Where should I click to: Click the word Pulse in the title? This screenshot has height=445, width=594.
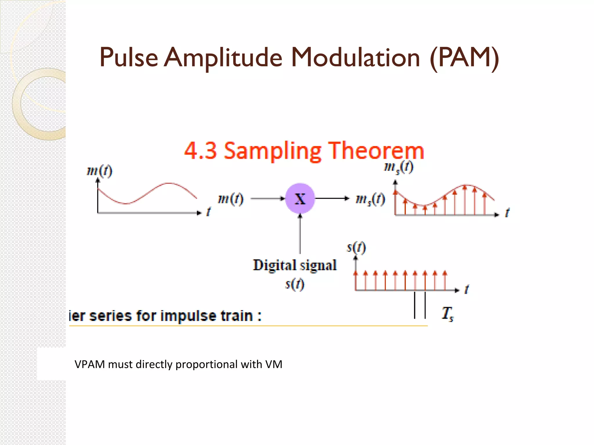[x=128, y=57]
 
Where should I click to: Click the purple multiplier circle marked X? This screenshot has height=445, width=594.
[x=300, y=198]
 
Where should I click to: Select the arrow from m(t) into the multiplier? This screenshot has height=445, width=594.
[x=267, y=198]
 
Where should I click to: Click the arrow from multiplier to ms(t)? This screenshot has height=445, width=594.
[x=332, y=198]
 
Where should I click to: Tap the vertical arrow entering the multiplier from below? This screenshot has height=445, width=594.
[x=300, y=234]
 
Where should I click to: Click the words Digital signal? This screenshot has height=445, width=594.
[x=295, y=265]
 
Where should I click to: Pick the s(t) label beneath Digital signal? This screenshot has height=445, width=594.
[x=295, y=284]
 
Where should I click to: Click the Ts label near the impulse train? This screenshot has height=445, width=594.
[x=448, y=313]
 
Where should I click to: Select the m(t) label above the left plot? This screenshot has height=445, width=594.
[x=99, y=171]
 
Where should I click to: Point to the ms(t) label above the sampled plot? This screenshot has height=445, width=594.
[x=399, y=167]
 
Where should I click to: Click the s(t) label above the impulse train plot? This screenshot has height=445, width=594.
[x=356, y=247]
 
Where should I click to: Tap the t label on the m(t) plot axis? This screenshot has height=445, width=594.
[x=208, y=212]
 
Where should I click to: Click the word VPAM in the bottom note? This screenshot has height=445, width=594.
[x=90, y=364]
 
